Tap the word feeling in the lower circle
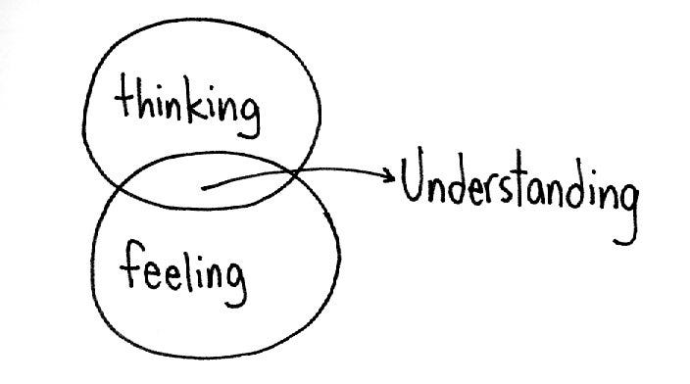(184, 268)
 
